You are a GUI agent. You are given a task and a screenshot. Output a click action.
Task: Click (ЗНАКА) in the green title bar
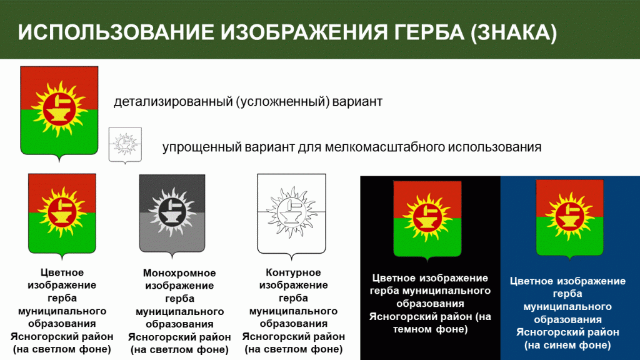click(x=514, y=32)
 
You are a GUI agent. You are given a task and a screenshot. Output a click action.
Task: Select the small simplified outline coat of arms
click(x=125, y=145)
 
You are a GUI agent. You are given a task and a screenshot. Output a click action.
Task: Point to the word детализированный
click(x=172, y=102)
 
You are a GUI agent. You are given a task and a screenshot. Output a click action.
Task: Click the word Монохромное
click(x=179, y=272)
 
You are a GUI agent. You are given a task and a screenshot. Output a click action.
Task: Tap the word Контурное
click(x=293, y=272)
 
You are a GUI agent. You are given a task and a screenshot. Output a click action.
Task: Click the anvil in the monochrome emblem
click(x=171, y=215)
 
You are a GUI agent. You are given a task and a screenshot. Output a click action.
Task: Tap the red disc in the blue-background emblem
click(x=569, y=216)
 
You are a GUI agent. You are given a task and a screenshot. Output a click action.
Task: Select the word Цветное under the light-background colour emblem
click(x=62, y=272)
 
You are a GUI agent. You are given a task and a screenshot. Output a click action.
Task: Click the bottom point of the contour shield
click(x=291, y=260)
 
